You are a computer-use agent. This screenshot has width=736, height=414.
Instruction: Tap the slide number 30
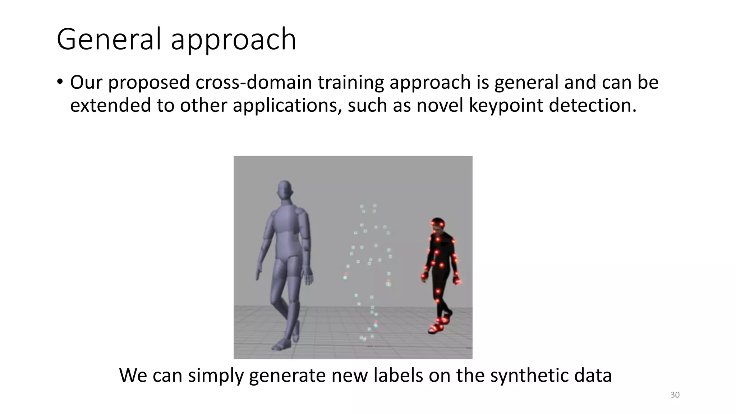[x=675, y=395]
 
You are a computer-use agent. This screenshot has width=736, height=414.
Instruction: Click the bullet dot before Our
[x=60, y=82]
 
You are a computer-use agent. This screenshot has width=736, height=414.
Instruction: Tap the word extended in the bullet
[x=110, y=105]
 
